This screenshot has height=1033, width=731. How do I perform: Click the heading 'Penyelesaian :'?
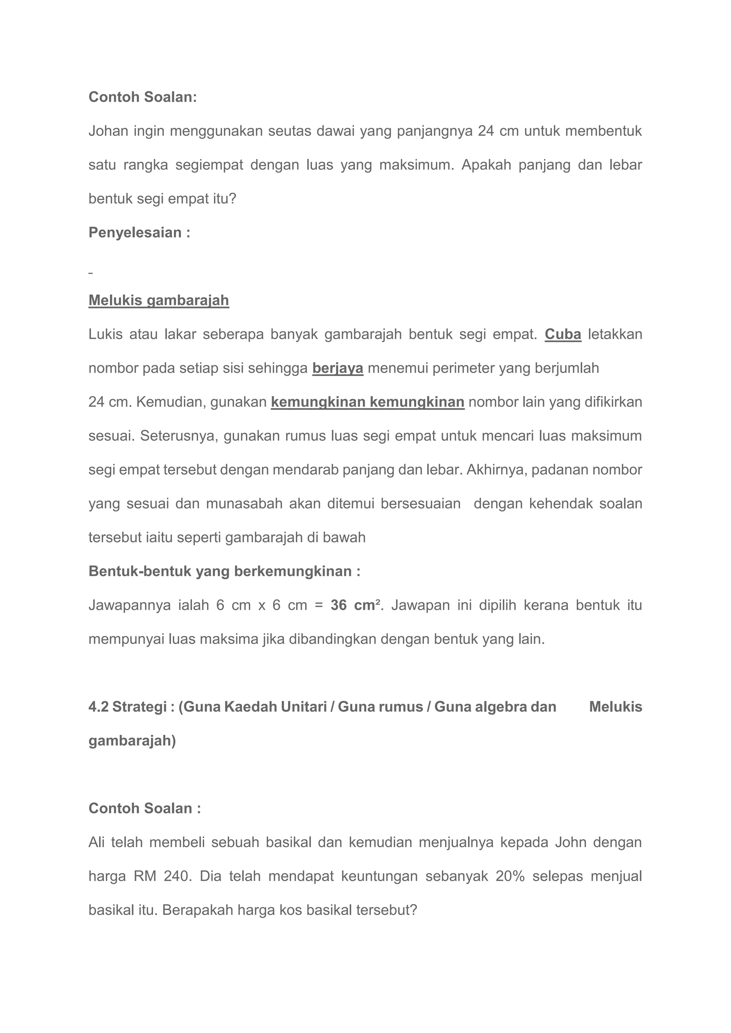(139, 233)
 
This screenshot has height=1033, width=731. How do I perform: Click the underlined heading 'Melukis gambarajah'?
(158, 300)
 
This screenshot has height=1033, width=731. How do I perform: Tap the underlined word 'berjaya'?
(338, 368)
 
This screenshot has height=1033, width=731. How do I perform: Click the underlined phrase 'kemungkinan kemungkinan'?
(367, 402)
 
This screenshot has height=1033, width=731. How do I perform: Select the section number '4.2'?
(98, 707)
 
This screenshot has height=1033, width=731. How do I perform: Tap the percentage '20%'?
(510, 876)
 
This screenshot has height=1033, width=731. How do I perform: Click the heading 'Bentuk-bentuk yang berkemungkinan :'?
(224, 571)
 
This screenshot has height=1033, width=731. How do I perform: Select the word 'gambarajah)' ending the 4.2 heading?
(132, 741)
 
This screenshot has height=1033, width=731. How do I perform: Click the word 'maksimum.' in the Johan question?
(417, 165)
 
